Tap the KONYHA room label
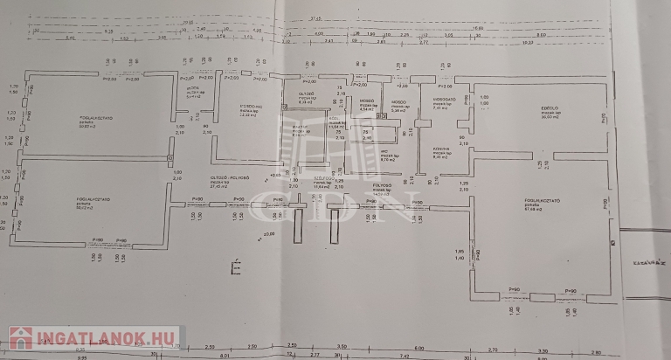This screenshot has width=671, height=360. point(440,149)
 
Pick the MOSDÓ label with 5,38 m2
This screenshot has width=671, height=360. point(398,102)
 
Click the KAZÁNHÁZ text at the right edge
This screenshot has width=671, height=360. point(650,260)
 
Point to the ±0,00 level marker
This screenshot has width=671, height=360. point(268,234)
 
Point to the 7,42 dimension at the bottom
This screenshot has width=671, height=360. point(405,357)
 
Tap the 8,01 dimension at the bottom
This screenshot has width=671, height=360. point(224,357)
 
